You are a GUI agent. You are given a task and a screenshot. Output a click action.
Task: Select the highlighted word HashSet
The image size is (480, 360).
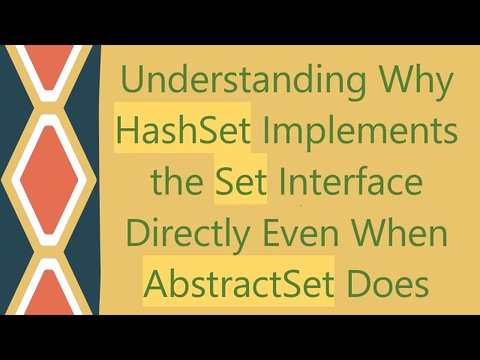[x=182, y=131]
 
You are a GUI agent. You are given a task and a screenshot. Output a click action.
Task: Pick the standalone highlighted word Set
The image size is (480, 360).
[x=241, y=182]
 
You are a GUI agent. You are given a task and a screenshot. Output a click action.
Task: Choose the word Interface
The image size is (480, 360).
[x=350, y=182]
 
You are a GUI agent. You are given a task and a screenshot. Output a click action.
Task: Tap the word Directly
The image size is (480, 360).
[x=187, y=233]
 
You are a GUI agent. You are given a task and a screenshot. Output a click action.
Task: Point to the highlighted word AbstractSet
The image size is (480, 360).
[x=238, y=284]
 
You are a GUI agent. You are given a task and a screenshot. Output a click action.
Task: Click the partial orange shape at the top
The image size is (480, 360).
[x=50, y=60]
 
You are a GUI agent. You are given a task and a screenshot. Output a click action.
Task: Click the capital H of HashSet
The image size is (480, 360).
[x=128, y=131]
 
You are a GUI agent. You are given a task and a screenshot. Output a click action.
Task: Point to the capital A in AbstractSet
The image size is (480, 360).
[x=155, y=284]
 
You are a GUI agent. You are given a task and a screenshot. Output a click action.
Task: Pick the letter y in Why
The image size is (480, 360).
[x=444, y=84]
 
